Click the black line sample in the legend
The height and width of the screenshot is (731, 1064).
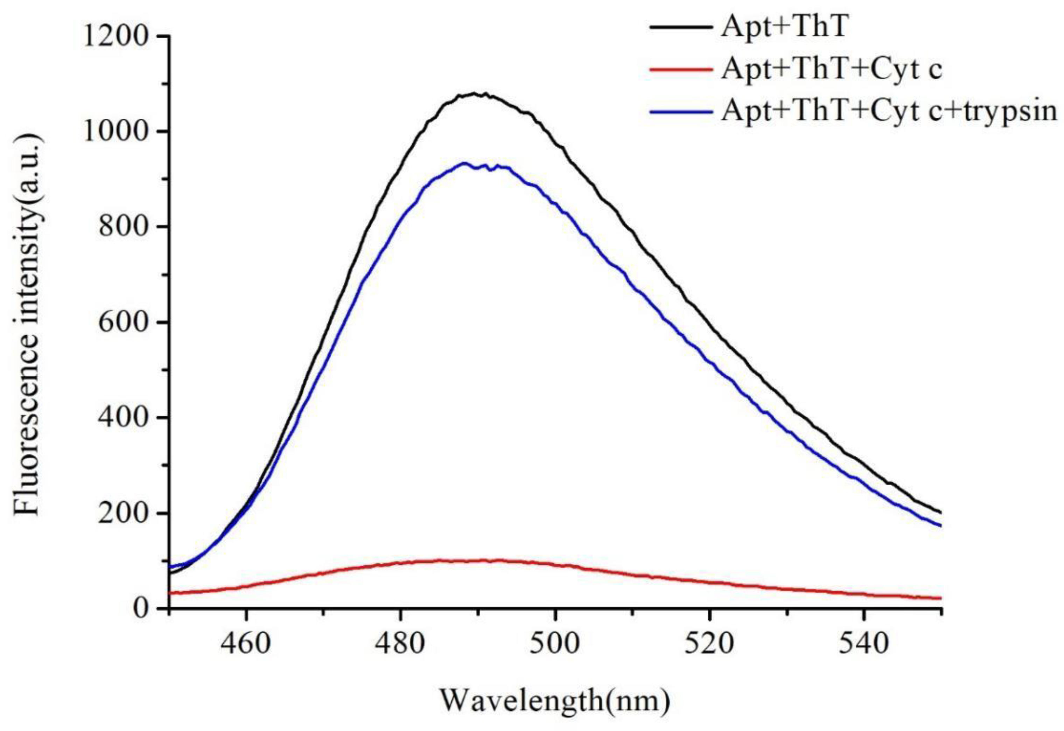(x=681, y=27)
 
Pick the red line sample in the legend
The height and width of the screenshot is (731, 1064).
(x=681, y=70)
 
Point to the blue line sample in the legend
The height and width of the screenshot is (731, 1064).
(x=681, y=111)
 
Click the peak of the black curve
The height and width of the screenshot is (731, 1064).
(x=476, y=93)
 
